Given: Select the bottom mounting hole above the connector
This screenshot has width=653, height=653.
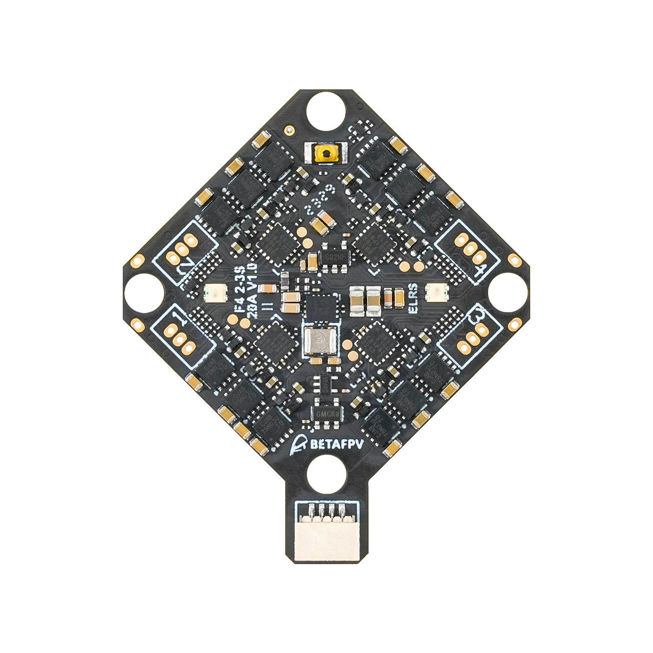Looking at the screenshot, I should tap(327, 475).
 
